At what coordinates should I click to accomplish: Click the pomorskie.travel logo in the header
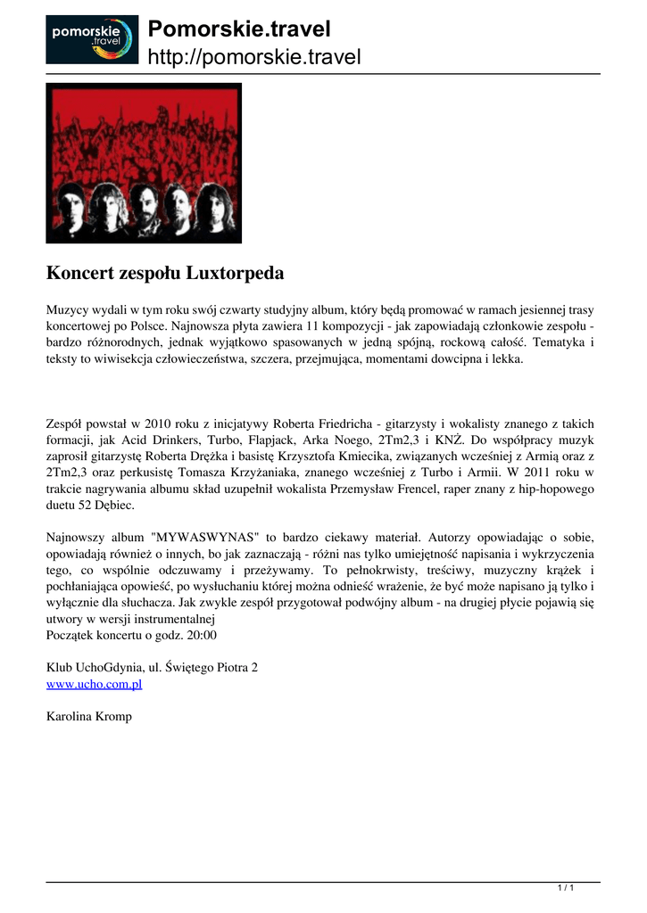pyautogui.click(x=92, y=39)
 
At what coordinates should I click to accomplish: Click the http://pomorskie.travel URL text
pyautogui.click(x=254, y=58)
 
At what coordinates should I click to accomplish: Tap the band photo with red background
pyautogui.click(x=144, y=163)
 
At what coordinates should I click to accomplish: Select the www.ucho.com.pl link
pyautogui.click(x=94, y=684)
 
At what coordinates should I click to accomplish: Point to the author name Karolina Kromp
pyautogui.click(x=88, y=716)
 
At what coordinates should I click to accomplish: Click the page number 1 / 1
pyautogui.click(x=565, y=886)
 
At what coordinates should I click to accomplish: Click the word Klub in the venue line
pyautogui.click(x=60, y=668)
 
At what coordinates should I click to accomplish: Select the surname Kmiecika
pyautogui.click(x=383, y=456)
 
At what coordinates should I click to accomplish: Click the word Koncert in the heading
pyautogui.click(x=81, y=271)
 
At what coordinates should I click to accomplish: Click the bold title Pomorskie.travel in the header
pyautogui.click(x=239, y=29)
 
